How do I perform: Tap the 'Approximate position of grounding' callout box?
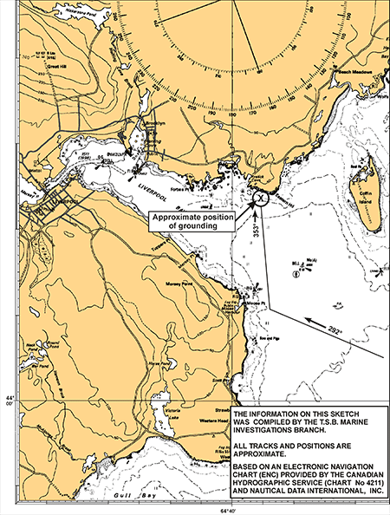(x=194, y=220)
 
